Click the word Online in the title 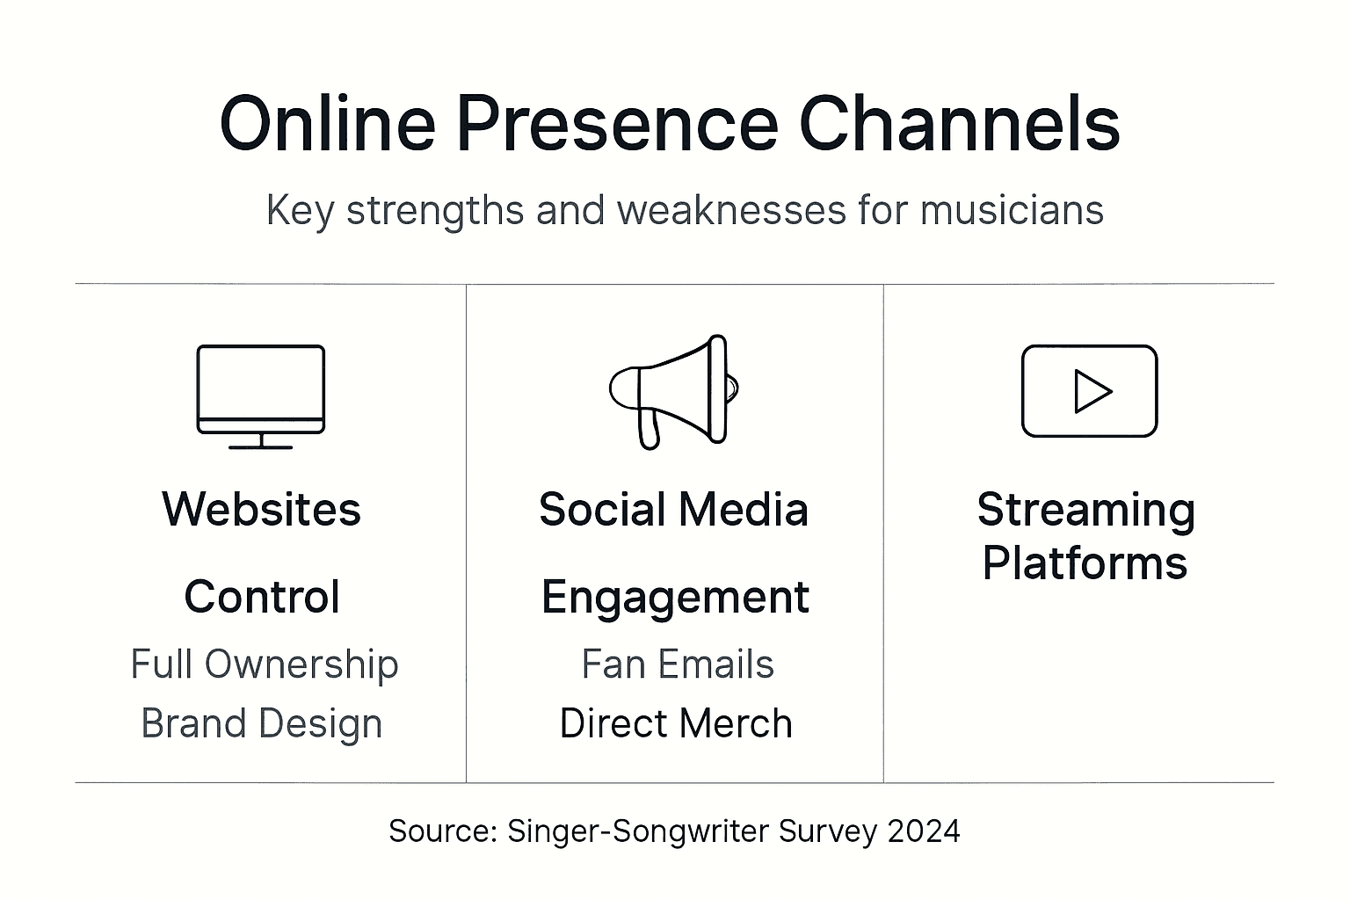327,124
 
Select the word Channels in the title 959,124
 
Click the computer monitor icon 261,396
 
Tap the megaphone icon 673,391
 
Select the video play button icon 1089,391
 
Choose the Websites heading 261,510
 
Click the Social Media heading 673,510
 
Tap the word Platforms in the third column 1085,563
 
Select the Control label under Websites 262,598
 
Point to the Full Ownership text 264,665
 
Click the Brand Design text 262,724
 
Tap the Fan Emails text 677,665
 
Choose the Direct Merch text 676,724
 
